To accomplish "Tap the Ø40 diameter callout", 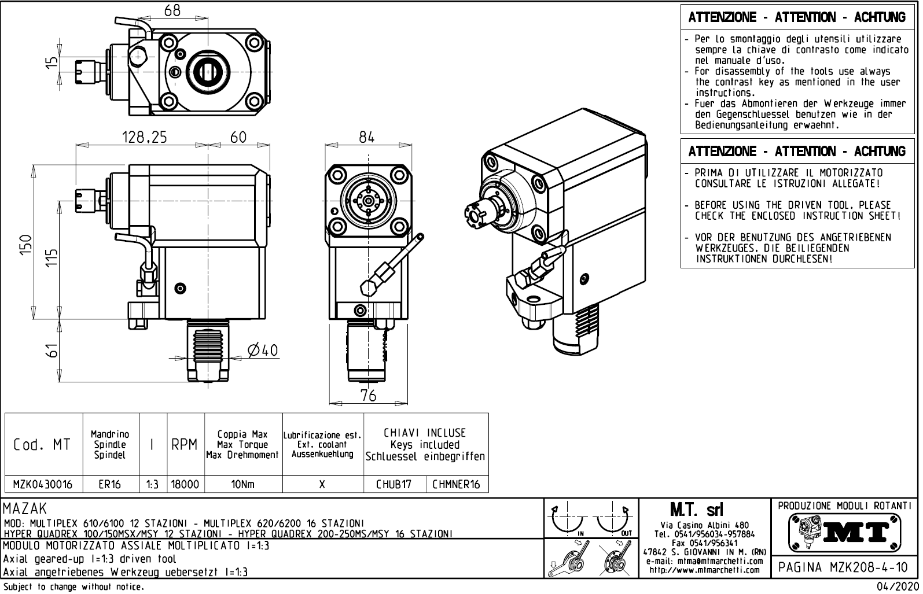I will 262,351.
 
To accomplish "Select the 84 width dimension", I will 367,137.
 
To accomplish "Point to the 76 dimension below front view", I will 368,395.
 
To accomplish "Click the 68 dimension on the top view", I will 172,10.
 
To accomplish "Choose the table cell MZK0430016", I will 43,485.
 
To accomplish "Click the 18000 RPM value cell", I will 185,485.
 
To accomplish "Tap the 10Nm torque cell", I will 243,485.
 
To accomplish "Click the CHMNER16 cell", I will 456,485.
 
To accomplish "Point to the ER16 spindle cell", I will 109,485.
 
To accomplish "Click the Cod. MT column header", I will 42,445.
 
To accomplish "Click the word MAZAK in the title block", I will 25,509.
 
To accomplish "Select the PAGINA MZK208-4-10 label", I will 843,567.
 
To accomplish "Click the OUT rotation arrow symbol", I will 613,519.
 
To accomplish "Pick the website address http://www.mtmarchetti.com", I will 704,570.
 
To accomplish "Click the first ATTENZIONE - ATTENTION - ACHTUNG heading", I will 797,17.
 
